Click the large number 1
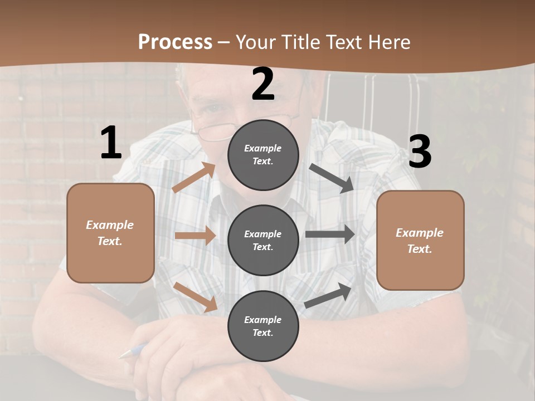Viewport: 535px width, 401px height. click(x=111, y=143)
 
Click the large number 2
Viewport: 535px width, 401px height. click(x=263, y=84)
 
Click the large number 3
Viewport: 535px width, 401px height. click(x=420, y=152)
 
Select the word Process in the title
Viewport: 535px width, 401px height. click(x=175, y=42)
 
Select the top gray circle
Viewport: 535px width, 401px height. click(x=263, y=155)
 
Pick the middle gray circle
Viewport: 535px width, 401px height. click(x=263, y=240)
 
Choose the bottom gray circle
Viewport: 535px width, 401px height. click(x=263, y=326)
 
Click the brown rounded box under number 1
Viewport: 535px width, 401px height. click(x=110, y=233)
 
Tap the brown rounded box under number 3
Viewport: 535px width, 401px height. click(x=420, y=240)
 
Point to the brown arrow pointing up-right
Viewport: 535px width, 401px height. click(x=194, y=178)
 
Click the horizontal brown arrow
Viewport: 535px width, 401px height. click(x=195, y=236)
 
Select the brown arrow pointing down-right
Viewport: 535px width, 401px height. click(x=196, y=296)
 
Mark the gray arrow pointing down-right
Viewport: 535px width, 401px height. click(x=332, y=178)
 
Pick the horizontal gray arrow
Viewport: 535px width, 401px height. click(x=330, y=234)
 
